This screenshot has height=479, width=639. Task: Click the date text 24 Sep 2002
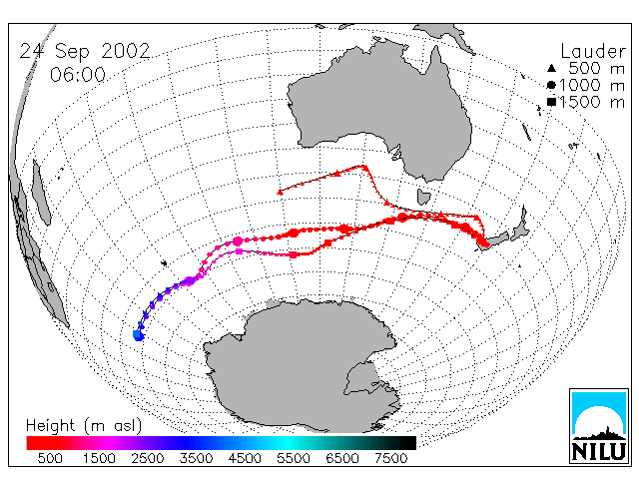pos(85,51)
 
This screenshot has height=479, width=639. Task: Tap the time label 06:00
pos(78,75)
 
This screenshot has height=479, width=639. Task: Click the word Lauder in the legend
pos(593,51)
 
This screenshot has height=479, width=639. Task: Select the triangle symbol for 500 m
pos(551,68)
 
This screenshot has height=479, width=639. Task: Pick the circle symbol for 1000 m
pos(551,85)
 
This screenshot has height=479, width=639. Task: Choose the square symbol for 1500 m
pos(551,102)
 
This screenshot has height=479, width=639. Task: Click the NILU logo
pos(599,426)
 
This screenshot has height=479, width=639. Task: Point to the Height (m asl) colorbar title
pos(84,426)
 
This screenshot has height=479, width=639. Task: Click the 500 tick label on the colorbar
pos(50,458)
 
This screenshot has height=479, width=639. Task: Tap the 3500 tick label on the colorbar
pos(196,458)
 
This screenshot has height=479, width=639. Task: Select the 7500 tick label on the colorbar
pos(390,458)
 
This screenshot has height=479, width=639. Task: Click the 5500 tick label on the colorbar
pos(294,458)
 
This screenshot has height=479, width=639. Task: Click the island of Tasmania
pos(423,197)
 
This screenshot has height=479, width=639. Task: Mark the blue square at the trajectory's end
pos(138,335)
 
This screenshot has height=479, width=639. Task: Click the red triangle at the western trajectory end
pos(280,192)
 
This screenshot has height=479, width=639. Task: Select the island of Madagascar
pos(41,193)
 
